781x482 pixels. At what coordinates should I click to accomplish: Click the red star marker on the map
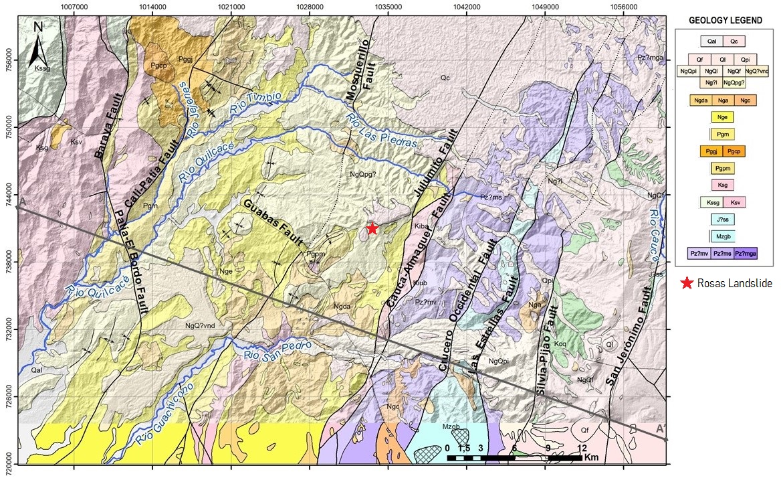point(372,229)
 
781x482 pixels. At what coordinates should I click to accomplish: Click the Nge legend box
point(721,117)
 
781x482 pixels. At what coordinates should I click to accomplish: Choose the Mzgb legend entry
point(721,236)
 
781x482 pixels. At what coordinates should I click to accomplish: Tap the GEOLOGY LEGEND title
point(726,21)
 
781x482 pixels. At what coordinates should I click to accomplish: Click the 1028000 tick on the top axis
point(310,6)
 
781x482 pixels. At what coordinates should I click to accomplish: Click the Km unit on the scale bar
point(592,458)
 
